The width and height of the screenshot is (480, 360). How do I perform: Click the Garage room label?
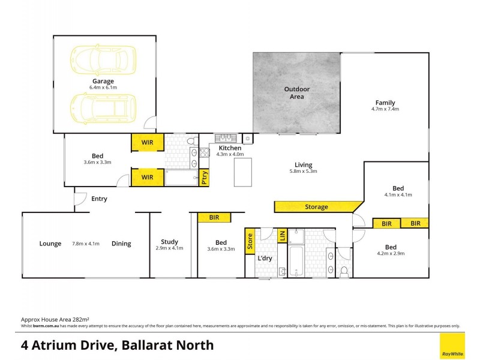pos(103,81)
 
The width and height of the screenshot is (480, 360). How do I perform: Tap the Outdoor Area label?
pos(293,93)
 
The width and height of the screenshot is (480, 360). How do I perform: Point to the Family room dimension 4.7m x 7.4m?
pos(385,109)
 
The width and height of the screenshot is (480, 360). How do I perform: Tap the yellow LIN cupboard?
pos(282,235)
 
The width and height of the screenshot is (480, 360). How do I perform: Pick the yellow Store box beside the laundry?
pos(250,242)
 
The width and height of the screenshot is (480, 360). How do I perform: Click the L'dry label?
pos(265,259)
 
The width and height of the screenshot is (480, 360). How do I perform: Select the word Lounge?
pos(50,244)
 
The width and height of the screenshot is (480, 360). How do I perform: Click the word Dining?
pos(121,244)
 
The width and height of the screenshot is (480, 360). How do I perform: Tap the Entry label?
pos(99,199)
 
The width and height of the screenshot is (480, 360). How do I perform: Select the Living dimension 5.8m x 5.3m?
pos(303,172)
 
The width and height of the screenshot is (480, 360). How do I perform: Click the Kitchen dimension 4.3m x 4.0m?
pos(230,154)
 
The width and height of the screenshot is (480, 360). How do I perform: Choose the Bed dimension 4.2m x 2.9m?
pos(391,254)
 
